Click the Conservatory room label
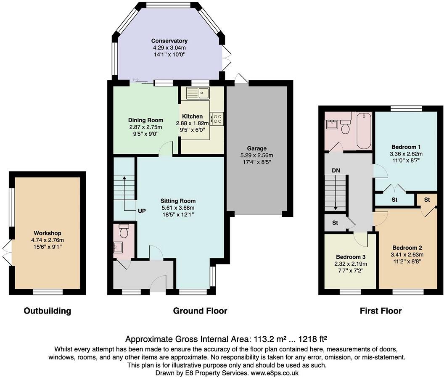(169, 41)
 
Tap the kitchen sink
(198, 92)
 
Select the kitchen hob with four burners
(217, 119)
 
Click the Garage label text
(257, 148)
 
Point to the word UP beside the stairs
(142, 211)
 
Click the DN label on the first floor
(336, 171)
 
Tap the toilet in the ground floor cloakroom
(124, 230)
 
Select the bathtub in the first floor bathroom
(364, 131)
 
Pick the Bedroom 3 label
(351, 257)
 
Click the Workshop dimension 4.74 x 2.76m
(48, 240)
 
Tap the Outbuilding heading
(47, 311)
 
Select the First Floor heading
(381, 311)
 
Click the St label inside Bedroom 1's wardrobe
(394, 200)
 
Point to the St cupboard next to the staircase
(335, 223)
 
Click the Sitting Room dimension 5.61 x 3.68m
(178, 208)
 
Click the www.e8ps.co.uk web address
(275, 373)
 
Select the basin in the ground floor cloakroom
(117, 247)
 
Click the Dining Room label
(145, 120)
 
